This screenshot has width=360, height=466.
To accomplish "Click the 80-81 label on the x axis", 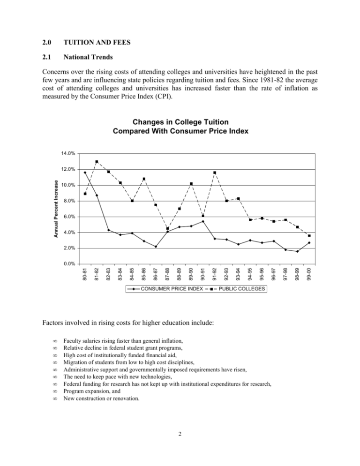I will coord(85,273).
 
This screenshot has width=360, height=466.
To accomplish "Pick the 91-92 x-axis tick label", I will coord(215,273).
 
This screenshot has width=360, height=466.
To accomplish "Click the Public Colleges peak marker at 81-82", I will coord(97,162).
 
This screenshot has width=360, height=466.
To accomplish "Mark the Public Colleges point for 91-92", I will coord(215,173).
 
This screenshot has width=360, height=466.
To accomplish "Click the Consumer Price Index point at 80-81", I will coord(85,173).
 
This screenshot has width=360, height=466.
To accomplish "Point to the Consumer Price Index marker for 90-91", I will coord(203,221).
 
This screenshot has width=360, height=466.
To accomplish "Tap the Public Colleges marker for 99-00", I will coord(309,236).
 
